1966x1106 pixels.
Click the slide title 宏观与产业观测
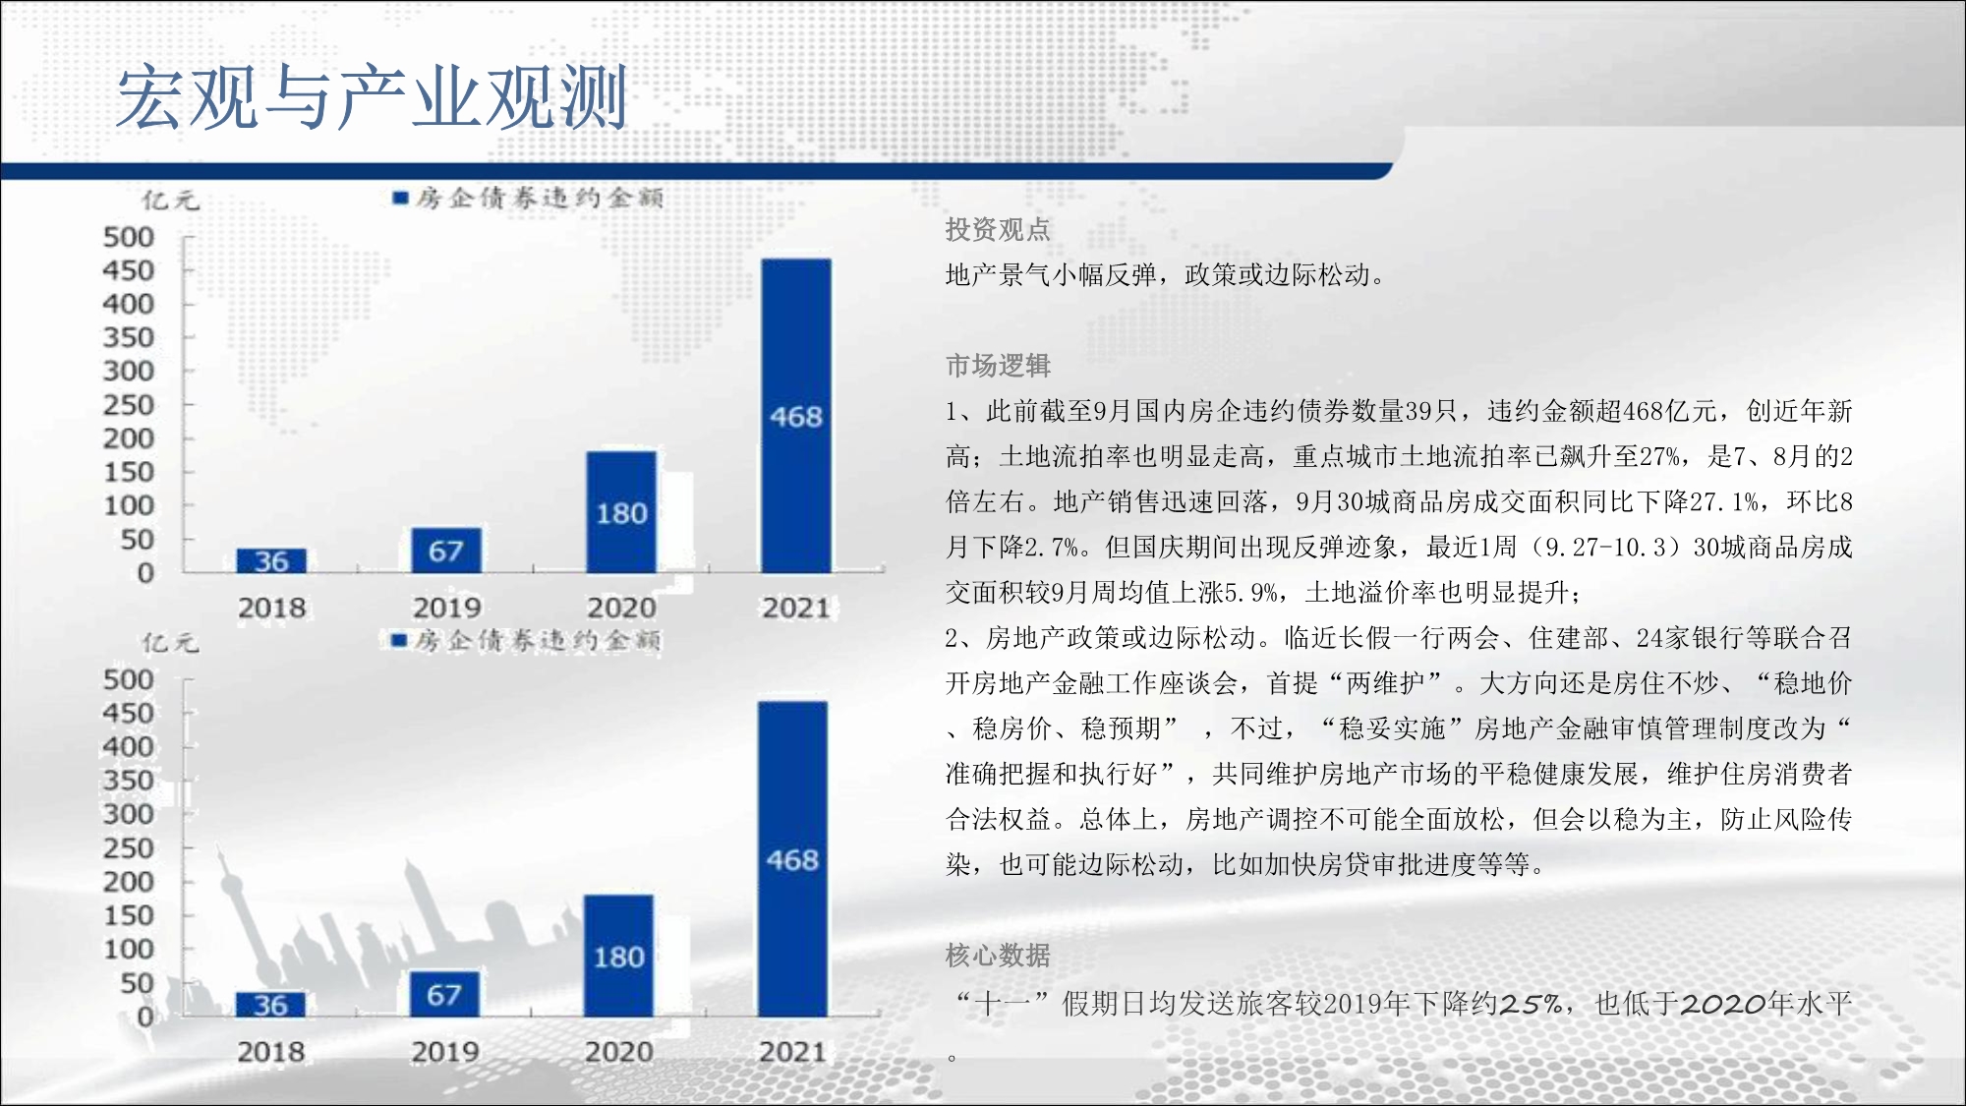[372, 96]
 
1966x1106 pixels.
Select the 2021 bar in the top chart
[796, 416]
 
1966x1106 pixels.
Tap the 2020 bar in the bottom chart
[618, 956]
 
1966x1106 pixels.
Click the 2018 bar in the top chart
[271, 560]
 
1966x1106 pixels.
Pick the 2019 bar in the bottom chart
[444, 994]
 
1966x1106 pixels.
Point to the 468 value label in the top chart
[796, 417]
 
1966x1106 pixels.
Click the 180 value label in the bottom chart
[618, 958]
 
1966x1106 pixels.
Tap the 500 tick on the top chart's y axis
[129, 237]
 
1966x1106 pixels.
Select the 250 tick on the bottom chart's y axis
[129, 847]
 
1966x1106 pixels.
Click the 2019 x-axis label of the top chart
[446, 608]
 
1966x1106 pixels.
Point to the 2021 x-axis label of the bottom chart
[792, 1052]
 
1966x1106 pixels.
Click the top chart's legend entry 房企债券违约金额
[528, 198]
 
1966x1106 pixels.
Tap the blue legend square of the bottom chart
[399, 641]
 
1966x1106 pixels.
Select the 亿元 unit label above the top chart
[170, 201]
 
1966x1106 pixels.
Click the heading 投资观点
[998, 229]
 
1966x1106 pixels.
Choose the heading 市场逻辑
[998, 366]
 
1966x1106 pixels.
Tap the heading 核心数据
[998, 956]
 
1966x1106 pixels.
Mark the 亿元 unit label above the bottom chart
[170, 643]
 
